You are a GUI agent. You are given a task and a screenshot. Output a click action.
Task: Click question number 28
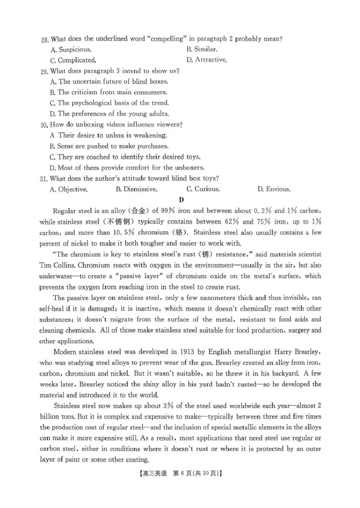pos(45,40)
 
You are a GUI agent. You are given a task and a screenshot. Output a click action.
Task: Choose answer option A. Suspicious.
pos(71,49)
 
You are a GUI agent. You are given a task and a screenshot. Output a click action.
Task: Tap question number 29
pos(45,71)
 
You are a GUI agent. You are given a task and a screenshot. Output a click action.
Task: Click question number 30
pos(45,125)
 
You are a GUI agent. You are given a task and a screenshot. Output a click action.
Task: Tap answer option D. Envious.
pos(274,189)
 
